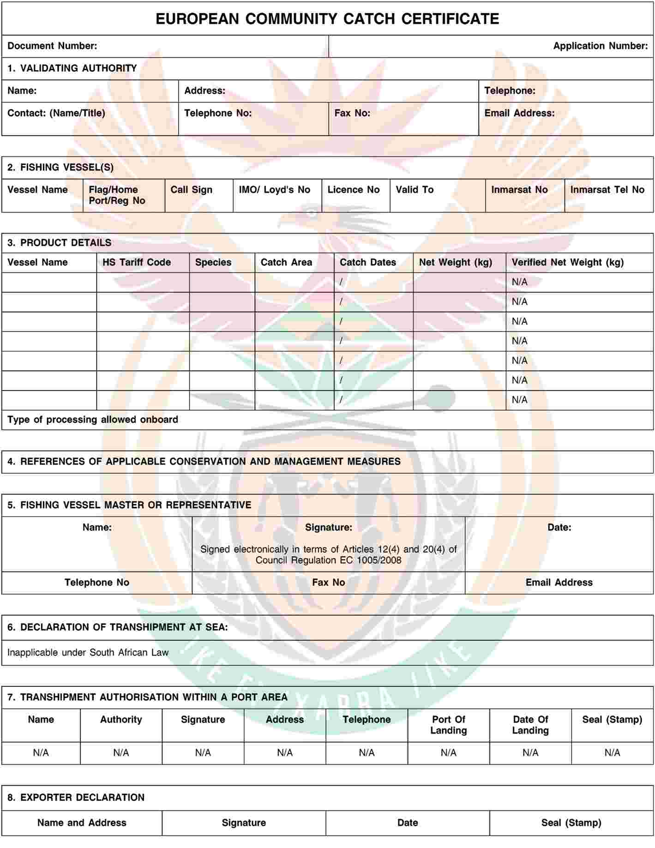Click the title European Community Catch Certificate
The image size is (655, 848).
click(x=327, y=19)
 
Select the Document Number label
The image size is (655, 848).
click(x=52, y=46)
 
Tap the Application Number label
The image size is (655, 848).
click(x=600, y=46)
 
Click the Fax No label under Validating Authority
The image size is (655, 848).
click(x=352, y=113)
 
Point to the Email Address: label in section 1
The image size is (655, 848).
click(x=519, y=113)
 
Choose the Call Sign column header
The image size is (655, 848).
click(x=191, y=190)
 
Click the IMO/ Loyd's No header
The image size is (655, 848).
click(x=274, y=190)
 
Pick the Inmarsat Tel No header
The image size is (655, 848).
click(x=607, y=190)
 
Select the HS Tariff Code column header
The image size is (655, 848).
click(x=137, y=262)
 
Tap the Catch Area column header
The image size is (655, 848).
click(x=286, y=262)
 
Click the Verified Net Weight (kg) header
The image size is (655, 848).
click(x=567, y=262)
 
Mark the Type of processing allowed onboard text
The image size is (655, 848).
click(x=93, y=420)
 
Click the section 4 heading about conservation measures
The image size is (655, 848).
click(x=204, y=462)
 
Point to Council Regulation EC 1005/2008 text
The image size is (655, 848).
click(x=328, y=560)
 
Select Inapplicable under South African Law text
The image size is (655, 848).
click(x=88, y=652)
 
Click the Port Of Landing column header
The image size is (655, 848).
click(x=448, y=725)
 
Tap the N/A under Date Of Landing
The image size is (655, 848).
click(x=530, y=753)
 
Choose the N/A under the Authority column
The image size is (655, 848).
click(x=121, y=753)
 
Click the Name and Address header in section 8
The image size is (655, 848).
click(x=82, y=823)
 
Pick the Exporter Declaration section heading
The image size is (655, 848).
click(x=76, y=797)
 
